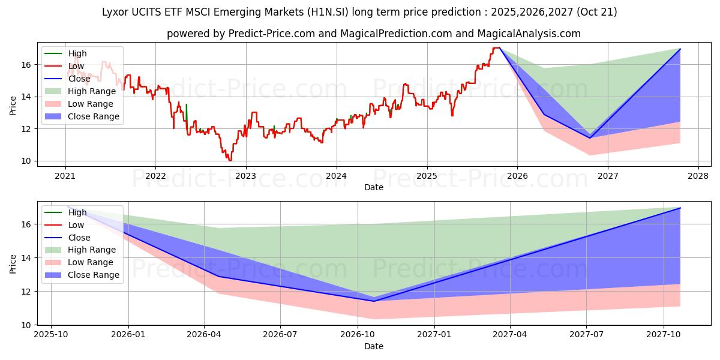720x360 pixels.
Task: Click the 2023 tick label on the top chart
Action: point(245,176)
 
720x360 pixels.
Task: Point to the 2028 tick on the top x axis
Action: point(698,176)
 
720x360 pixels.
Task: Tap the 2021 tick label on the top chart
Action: point(65,176)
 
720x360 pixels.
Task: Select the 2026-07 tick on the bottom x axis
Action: point(280,335)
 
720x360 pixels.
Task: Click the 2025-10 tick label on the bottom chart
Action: point(51,335)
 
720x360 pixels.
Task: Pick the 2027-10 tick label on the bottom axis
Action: point(664,335)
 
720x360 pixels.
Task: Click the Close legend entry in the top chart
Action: point(79,79)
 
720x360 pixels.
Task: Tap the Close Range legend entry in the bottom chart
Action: point(94,275)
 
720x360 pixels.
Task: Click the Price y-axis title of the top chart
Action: point(13,106)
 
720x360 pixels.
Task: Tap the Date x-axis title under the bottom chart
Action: point(373,346)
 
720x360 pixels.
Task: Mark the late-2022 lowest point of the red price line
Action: point(229,160)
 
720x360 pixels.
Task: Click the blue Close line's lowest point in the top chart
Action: point(590,138)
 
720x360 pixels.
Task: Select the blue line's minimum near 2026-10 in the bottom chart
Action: point(374,301)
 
